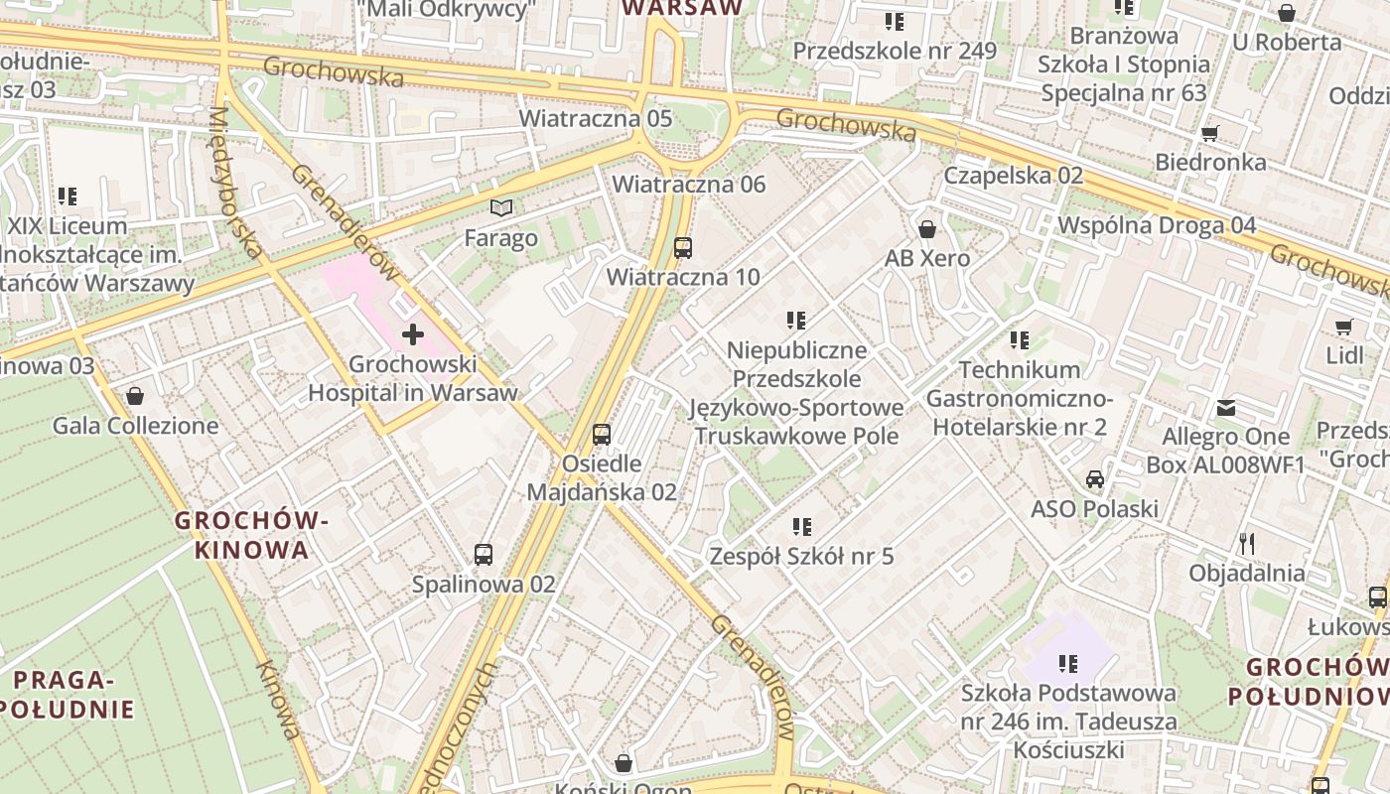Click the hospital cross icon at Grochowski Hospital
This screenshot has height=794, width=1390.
(412, 334)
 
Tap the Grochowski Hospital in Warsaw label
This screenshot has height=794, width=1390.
(412, 378)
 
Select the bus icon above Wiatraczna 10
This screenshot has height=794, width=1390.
(683, 247)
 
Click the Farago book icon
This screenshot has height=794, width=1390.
(502, 208)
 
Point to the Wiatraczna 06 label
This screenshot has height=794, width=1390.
(689, 185)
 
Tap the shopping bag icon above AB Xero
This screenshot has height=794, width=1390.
(927, 229)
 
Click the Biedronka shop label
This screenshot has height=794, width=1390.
(1210, 162)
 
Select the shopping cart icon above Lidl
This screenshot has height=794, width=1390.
(1344, 327)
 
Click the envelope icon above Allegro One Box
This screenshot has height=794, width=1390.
(1226, 407)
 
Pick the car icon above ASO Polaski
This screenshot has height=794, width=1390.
(1094, 479)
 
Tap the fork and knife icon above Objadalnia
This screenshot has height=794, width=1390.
(1247, 543)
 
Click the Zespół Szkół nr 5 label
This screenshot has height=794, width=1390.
(801, 557)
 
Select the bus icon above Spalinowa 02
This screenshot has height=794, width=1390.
(484, 555)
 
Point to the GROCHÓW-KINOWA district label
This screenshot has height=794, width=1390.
(252, 535)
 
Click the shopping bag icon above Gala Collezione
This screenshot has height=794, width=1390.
(135, 396)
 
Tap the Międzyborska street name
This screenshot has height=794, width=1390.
(234, 184)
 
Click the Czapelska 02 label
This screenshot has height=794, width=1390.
(1013, 176)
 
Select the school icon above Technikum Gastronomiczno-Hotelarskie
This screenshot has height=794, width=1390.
(1020, 340)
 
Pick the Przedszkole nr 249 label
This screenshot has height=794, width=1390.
(895, 51)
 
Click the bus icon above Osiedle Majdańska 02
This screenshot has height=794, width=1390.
(602, 434)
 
